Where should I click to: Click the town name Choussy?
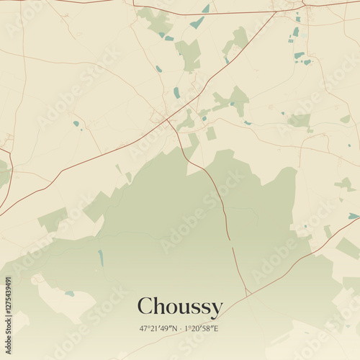pos(179,307)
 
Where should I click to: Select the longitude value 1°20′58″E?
pos(202,328)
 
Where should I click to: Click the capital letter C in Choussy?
pos(145,306)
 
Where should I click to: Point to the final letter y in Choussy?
pos(216,310)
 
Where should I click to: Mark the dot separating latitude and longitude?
pos(180,328)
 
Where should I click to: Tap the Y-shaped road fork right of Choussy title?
pos(247,292)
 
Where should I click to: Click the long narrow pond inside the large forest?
pos(101,257)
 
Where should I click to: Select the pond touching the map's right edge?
pos(354,216)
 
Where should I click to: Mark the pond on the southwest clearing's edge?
pos(69,293)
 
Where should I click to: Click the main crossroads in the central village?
pos(167,120)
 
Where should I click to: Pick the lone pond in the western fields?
pos(76,124)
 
